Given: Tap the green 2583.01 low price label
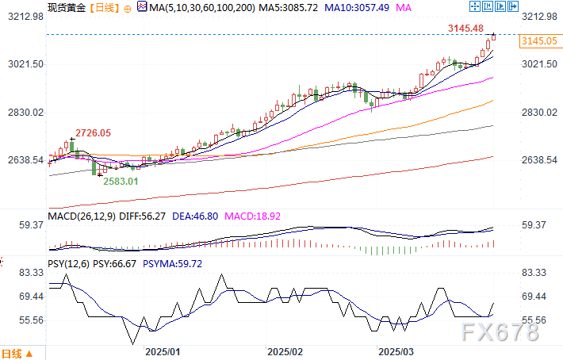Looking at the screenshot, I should (x=121, y=181).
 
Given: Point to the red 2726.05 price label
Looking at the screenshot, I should (x=93, y=132).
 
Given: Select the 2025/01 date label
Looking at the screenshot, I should (x=163, y=350).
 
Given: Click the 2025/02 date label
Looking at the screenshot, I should (x=285, y=350).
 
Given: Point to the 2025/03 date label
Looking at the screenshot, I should (x=396, y=350).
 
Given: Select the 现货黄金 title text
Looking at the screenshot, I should (x=67, y=7).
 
